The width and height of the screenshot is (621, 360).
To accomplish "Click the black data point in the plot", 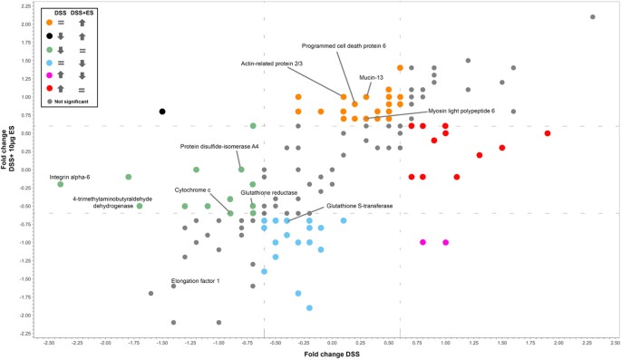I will coord(162,112).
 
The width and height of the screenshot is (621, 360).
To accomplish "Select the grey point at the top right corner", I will coord(592,17).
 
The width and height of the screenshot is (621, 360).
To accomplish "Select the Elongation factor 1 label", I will coord(196,281).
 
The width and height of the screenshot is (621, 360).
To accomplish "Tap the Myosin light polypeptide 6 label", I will coord(461,109).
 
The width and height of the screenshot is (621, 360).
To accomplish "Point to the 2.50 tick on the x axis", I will coord(615,343).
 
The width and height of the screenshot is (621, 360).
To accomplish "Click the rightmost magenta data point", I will coord(445,242).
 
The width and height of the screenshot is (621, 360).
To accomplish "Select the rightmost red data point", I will coord(548,133).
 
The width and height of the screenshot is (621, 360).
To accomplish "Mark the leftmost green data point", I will coord(61,184).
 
